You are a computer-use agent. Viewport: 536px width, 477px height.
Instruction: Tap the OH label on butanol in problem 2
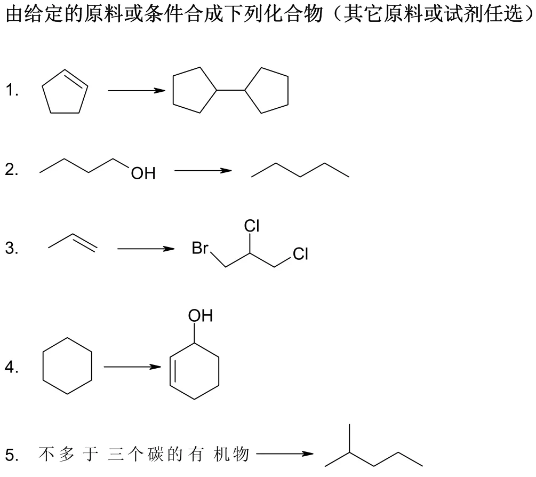143,173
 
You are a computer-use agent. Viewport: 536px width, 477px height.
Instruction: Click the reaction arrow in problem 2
203,171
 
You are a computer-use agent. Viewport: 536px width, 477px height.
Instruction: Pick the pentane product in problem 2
300,171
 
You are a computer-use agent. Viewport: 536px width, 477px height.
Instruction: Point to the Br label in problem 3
200,249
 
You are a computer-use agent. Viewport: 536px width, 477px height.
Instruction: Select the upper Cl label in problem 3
251,226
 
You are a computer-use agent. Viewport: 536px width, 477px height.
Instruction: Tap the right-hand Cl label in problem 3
300,254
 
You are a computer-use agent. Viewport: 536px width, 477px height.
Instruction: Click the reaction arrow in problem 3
146,249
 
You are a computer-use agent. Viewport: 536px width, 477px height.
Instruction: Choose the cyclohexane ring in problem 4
68,366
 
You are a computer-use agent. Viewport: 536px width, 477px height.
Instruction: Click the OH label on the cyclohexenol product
200,316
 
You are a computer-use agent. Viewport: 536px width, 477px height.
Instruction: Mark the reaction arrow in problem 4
132,367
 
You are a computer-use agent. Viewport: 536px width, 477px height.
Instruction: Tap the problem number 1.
12,91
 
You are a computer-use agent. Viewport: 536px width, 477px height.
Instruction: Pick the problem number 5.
12,455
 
